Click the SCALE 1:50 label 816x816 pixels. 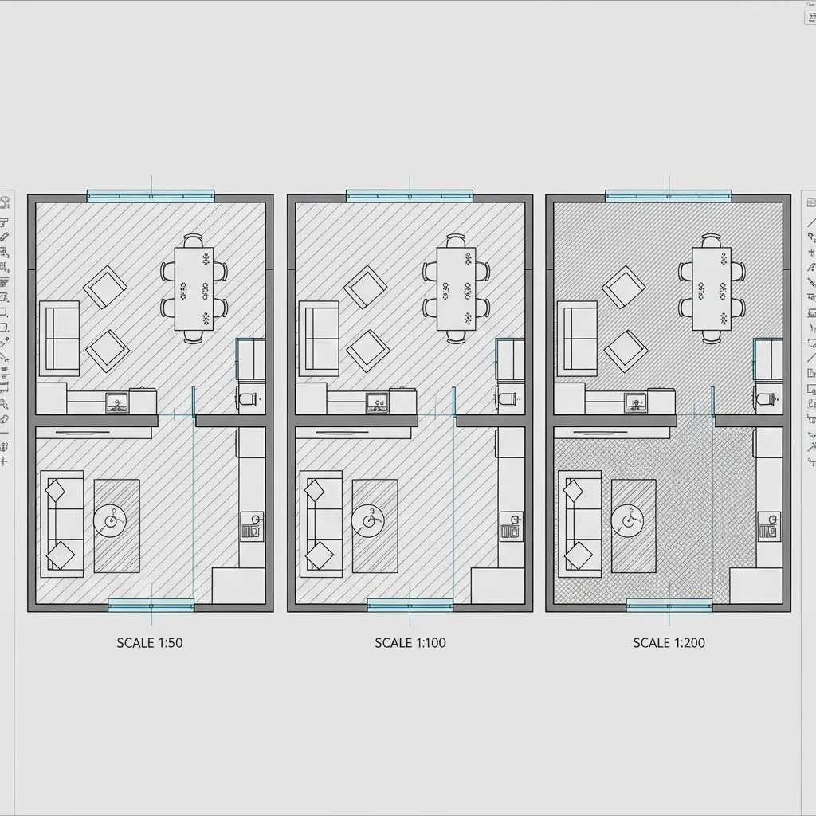coord(150,642)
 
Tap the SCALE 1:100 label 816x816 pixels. coord(410,642)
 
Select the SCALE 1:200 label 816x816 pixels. coord(669,642)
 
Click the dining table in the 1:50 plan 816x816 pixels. coord(194,288)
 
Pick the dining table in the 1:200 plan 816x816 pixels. coord(712,288)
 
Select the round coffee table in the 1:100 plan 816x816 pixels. coord(368,521)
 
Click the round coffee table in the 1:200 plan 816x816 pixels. coord(627,521)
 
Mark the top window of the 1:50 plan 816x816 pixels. coord(151,195)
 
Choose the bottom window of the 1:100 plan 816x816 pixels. coord(410,606)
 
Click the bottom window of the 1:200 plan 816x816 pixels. coord(669,606)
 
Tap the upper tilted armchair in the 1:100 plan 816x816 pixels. coord(365,287)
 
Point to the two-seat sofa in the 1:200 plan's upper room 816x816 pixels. coord(576,338)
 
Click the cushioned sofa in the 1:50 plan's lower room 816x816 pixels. coord(61,523)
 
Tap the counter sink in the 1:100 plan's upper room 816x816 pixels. coord(376,402)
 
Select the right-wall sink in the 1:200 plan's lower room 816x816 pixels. coord(769,526)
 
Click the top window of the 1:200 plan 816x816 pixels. coord(669,195)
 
